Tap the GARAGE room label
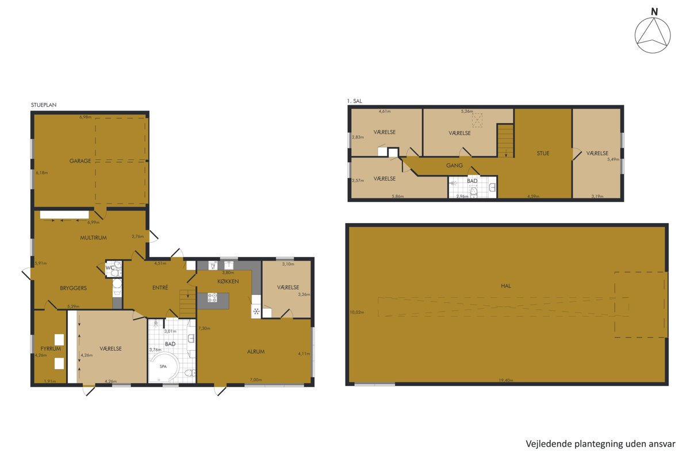point(80,161)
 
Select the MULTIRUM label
point(93,237)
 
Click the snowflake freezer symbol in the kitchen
point(256,312)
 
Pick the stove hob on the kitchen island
point(212,297)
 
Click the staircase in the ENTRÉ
point(187,304)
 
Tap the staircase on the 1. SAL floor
point(505,141)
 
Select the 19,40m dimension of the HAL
point(506,381)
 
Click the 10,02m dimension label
point(357,312)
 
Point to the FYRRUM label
point(51,349)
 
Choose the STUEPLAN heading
point(44,105)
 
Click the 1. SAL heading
point(355,101)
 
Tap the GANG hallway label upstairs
point(455,166)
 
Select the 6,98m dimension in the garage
point(85,117)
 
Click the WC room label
point(110,268)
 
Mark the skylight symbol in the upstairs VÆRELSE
point(477,120)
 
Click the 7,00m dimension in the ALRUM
point(256,380)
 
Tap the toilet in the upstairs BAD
point(473,191)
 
